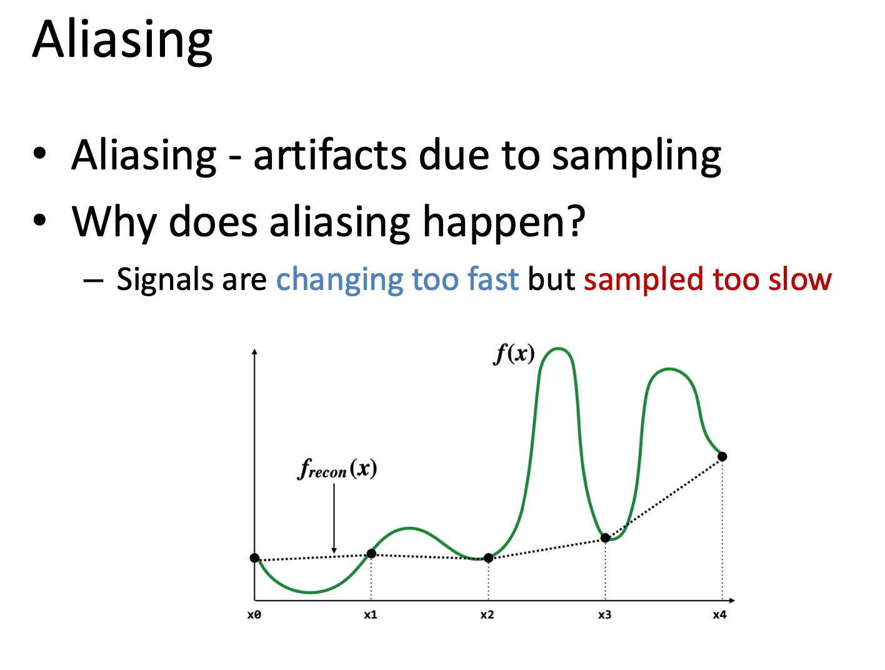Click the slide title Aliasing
[122, 39]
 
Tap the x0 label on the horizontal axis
[254, 615]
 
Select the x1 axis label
[371, 615]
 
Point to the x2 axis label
[487, 615]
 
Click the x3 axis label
[604, 615]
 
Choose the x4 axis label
[720, 615]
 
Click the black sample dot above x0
[254, 558]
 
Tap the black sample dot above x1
[371, 554]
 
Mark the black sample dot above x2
[488, 558]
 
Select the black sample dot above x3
[605, 538]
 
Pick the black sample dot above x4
[722, 457]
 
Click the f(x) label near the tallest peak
[514, 354]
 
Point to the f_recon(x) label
[337, 469]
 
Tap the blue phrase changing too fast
[397, 279]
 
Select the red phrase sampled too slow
[707, 279]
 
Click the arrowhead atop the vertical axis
[254, 352]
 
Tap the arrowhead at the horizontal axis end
[732, 601]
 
